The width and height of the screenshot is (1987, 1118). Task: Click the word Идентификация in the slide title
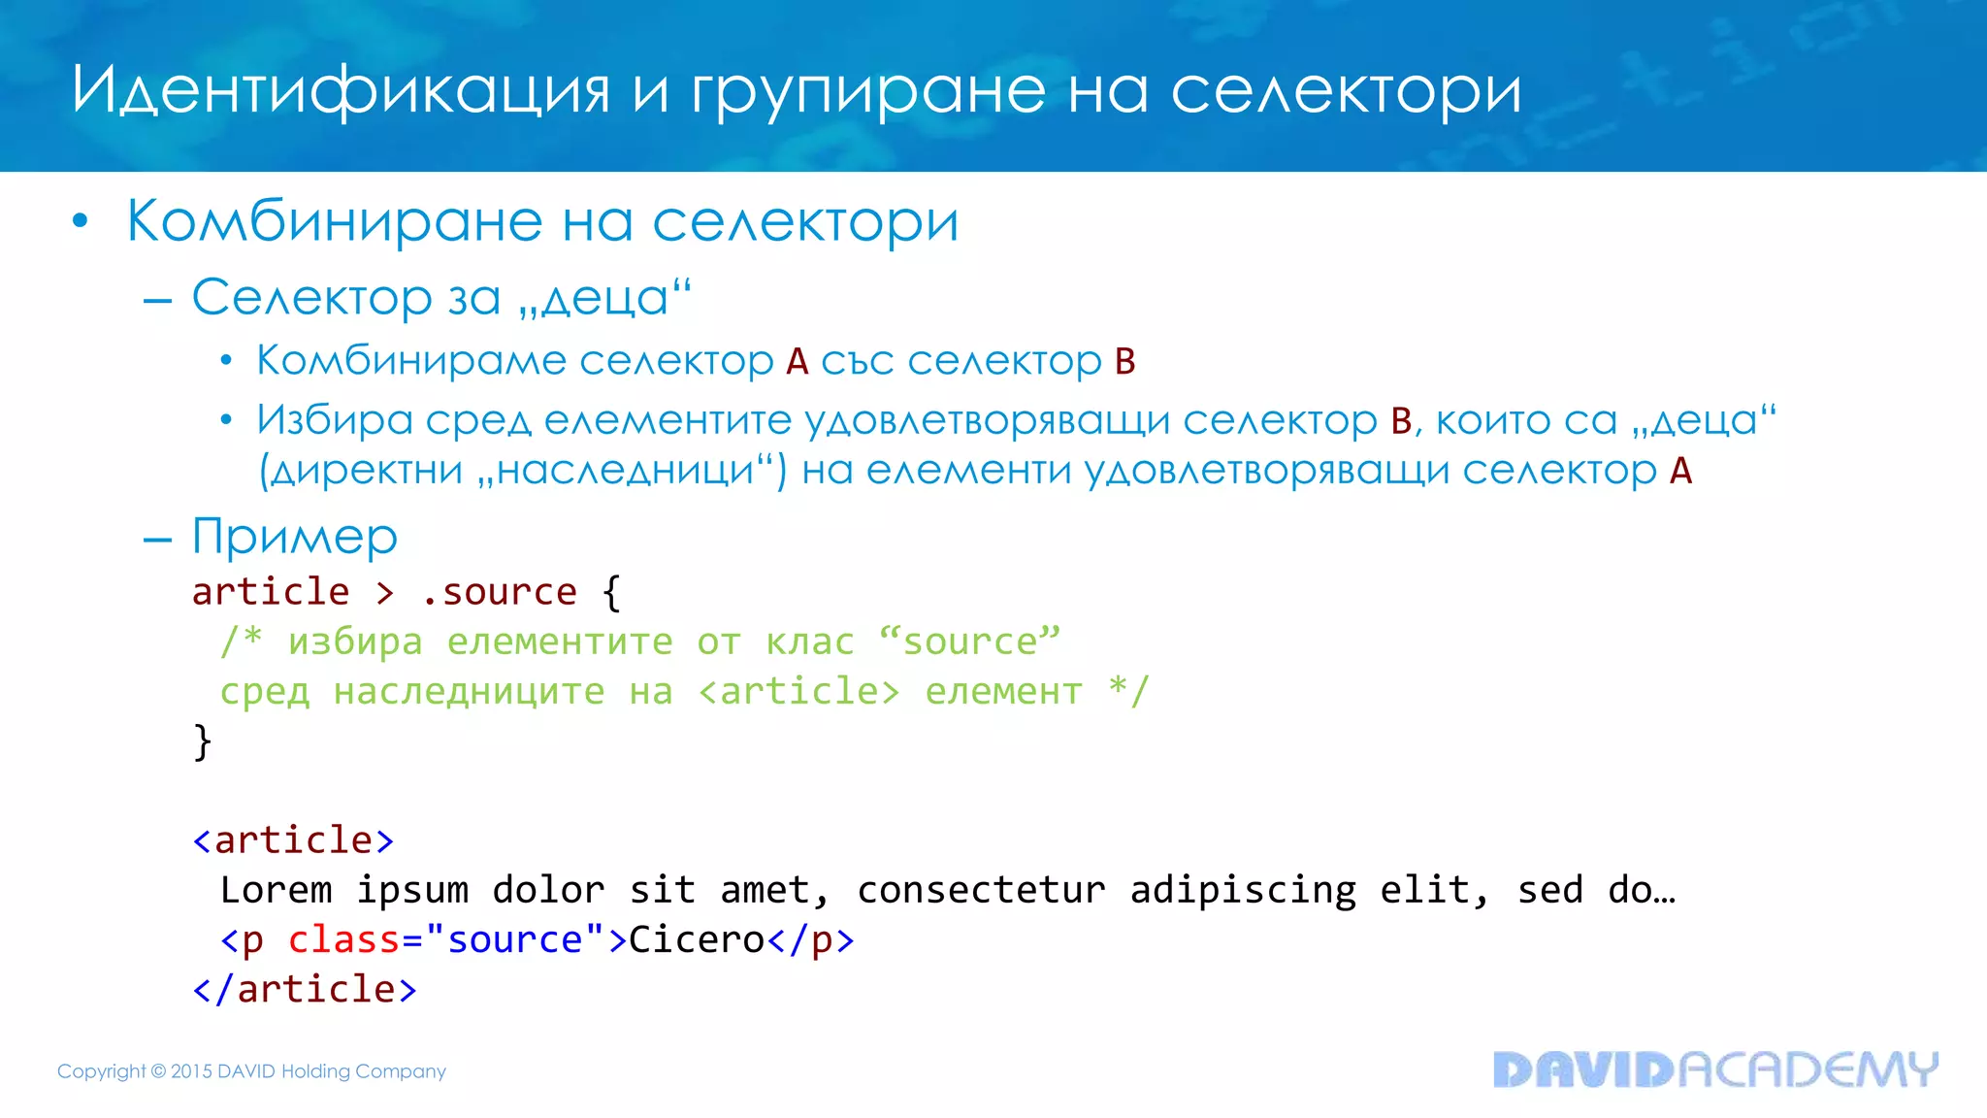(341, 91)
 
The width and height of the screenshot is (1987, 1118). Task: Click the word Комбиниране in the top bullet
(334, 221)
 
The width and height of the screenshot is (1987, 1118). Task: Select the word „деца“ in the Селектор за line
(604, 297)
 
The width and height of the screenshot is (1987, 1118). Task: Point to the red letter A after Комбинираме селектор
(797, 361)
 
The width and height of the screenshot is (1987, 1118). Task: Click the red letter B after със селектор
(1124, 361)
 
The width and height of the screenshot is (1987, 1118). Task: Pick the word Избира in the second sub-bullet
(335, 420)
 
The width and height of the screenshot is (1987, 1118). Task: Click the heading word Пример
(295, 537)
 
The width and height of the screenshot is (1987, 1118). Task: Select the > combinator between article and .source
(385, 592)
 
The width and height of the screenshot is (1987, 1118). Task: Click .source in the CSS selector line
(499, 592)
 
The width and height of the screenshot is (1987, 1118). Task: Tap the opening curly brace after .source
(611, 592)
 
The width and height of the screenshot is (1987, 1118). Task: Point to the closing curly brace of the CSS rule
(202, 741)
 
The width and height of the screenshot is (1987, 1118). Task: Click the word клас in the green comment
(809, 641)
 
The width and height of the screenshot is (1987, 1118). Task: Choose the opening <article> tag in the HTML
(293, 840)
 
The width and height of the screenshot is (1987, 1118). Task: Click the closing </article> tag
(305, 989)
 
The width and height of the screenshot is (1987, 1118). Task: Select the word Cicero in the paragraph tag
(697, 939)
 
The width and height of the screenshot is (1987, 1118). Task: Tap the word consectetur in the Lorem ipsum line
(980, 890)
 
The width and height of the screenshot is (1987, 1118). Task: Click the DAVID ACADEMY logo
(1714, 1069)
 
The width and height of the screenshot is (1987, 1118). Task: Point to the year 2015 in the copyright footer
(191, 1071)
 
